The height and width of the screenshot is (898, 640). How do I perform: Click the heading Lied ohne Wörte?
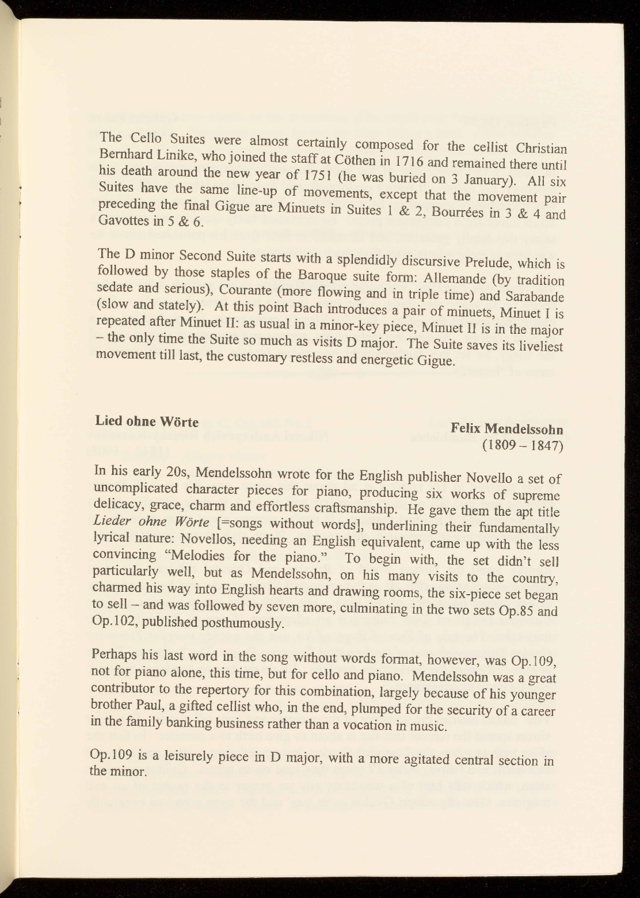tap(147, 421)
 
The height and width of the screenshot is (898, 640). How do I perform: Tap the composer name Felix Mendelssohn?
tap(507, 429)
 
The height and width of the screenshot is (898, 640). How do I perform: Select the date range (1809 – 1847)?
tap(525, 447)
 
